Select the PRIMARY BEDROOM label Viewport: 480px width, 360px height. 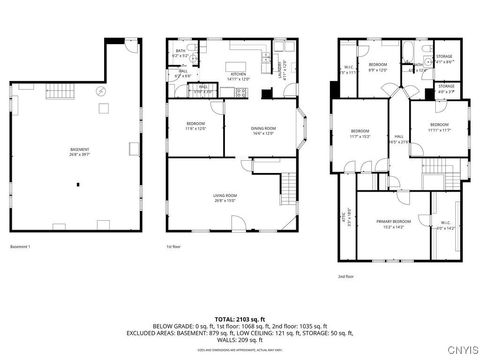393,221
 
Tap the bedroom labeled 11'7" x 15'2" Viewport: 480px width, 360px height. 359,132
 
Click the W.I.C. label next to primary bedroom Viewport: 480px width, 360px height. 445,224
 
